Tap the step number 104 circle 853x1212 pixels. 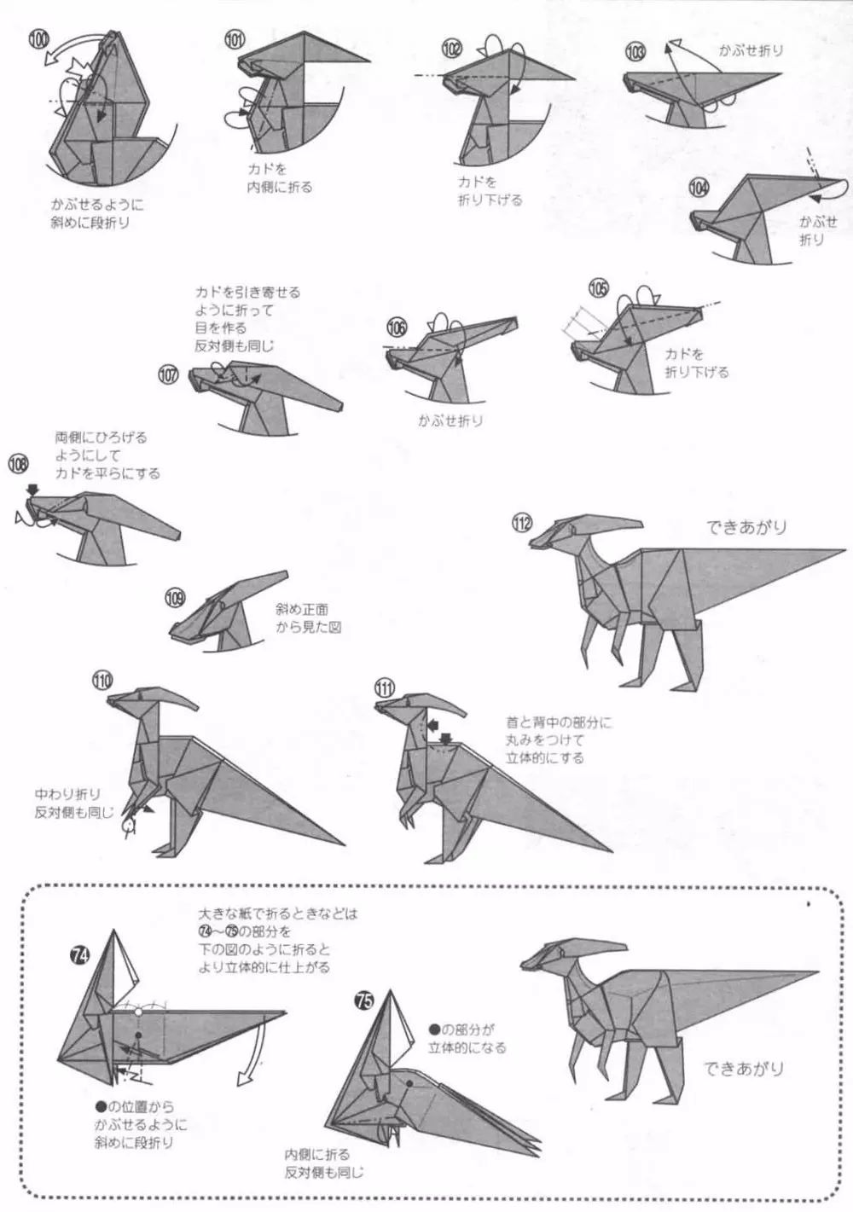699,188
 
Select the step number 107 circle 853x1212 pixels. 169,374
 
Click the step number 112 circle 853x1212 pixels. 523,524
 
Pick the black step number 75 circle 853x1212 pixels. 365,1003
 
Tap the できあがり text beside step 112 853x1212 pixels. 746,527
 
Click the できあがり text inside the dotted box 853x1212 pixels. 744,1068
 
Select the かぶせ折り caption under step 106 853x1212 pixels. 450,420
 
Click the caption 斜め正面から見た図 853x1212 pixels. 302,618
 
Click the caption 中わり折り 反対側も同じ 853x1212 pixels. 72,803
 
